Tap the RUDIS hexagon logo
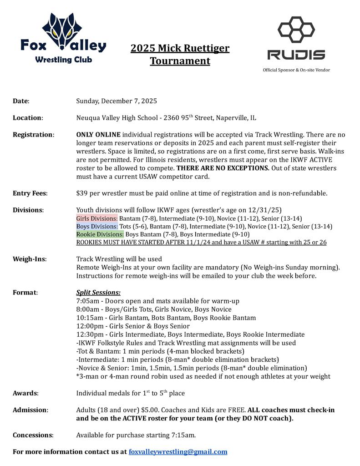(296, 39)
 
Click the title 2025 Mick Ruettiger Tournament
(180, 55)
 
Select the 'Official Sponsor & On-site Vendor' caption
(296, 70)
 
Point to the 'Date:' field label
(21, 101)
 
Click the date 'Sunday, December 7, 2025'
(117, 101)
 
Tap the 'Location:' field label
(28, 118)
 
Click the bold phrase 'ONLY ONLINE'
(98, 135)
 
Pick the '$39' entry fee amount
(82, 193)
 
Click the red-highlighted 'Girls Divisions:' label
(96, 218)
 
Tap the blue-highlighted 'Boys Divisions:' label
(97, 227)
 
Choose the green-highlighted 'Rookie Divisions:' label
(100, 234)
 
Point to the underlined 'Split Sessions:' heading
(98, 293)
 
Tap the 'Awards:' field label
(25, 393)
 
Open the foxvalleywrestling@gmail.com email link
(178, 452)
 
